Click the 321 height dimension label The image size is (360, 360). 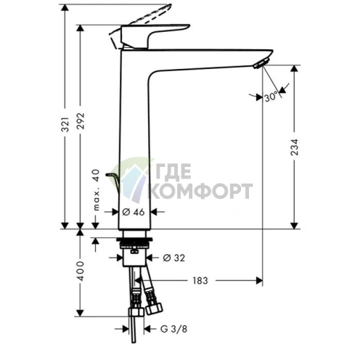point(65,125)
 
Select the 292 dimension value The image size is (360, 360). point(81,120)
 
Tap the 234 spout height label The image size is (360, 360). point(295,147)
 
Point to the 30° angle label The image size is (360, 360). point(271,97)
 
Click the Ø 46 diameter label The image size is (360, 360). point(134,212)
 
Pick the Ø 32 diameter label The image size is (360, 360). point(174,258)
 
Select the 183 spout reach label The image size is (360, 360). point(200,281)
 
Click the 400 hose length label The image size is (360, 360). point(81,271)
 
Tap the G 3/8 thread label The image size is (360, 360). point(173,329)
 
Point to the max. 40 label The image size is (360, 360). point(97,190)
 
